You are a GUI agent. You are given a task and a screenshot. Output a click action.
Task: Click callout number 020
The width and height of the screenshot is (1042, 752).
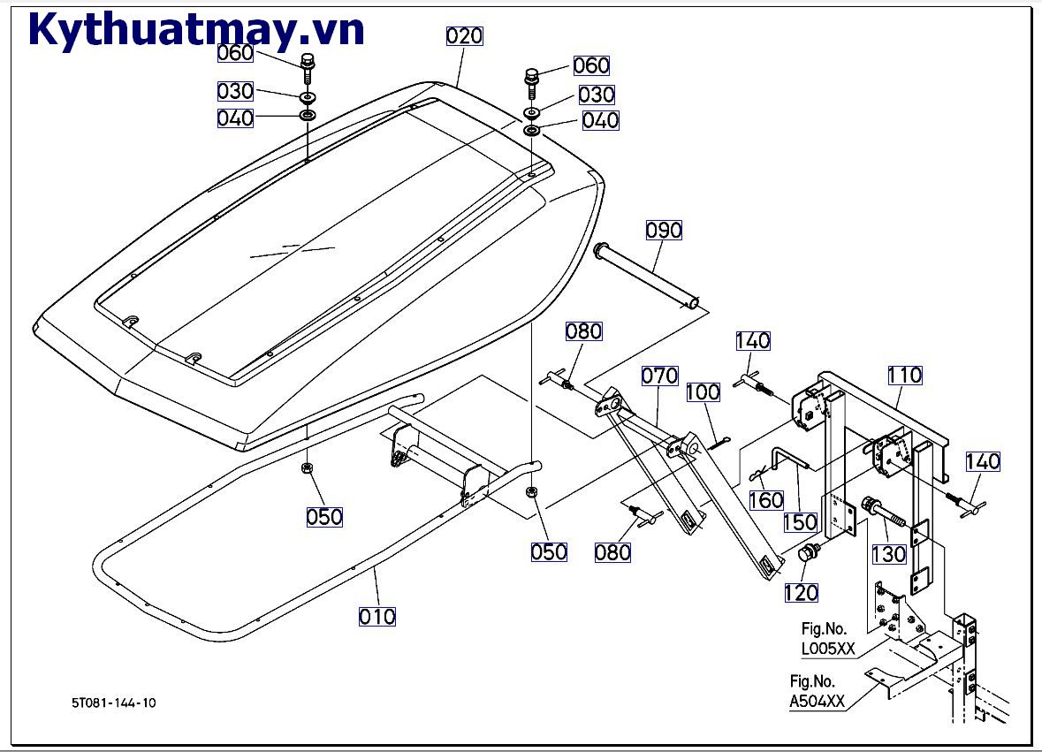click(x=465, y=36)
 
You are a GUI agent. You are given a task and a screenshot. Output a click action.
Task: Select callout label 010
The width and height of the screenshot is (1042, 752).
click(x=377, y=616)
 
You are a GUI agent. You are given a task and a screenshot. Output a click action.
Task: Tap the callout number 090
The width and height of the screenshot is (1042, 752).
click(x=664, y=230)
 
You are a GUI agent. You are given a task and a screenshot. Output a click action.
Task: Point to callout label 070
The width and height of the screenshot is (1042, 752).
click(x=659, y=375)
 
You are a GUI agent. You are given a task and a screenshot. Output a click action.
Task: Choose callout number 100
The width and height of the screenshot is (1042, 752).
click(x=704, y=391)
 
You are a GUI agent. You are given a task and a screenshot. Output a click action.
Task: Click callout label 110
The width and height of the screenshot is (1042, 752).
click(x=905, y=375)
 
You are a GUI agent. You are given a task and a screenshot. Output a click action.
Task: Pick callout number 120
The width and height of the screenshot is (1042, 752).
click(x=801, y=593)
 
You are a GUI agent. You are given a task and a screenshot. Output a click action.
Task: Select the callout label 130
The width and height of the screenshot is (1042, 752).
click(x=889, y=554)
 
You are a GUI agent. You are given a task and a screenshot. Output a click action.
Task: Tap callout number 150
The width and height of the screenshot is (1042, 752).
click(x=801, y=522)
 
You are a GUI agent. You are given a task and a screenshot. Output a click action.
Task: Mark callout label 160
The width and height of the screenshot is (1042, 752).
click(x=766, y=500)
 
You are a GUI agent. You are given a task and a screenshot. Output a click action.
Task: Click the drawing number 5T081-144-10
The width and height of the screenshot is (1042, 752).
click(x=115, y=703)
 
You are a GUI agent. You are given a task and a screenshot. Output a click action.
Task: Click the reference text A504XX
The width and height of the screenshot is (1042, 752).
click(x=818, y=703)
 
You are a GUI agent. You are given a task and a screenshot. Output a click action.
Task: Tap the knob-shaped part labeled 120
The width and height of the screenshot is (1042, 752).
click(x=807, y=554)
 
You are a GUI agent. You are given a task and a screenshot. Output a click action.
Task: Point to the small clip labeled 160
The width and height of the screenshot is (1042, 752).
click(x=757, y=474)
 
